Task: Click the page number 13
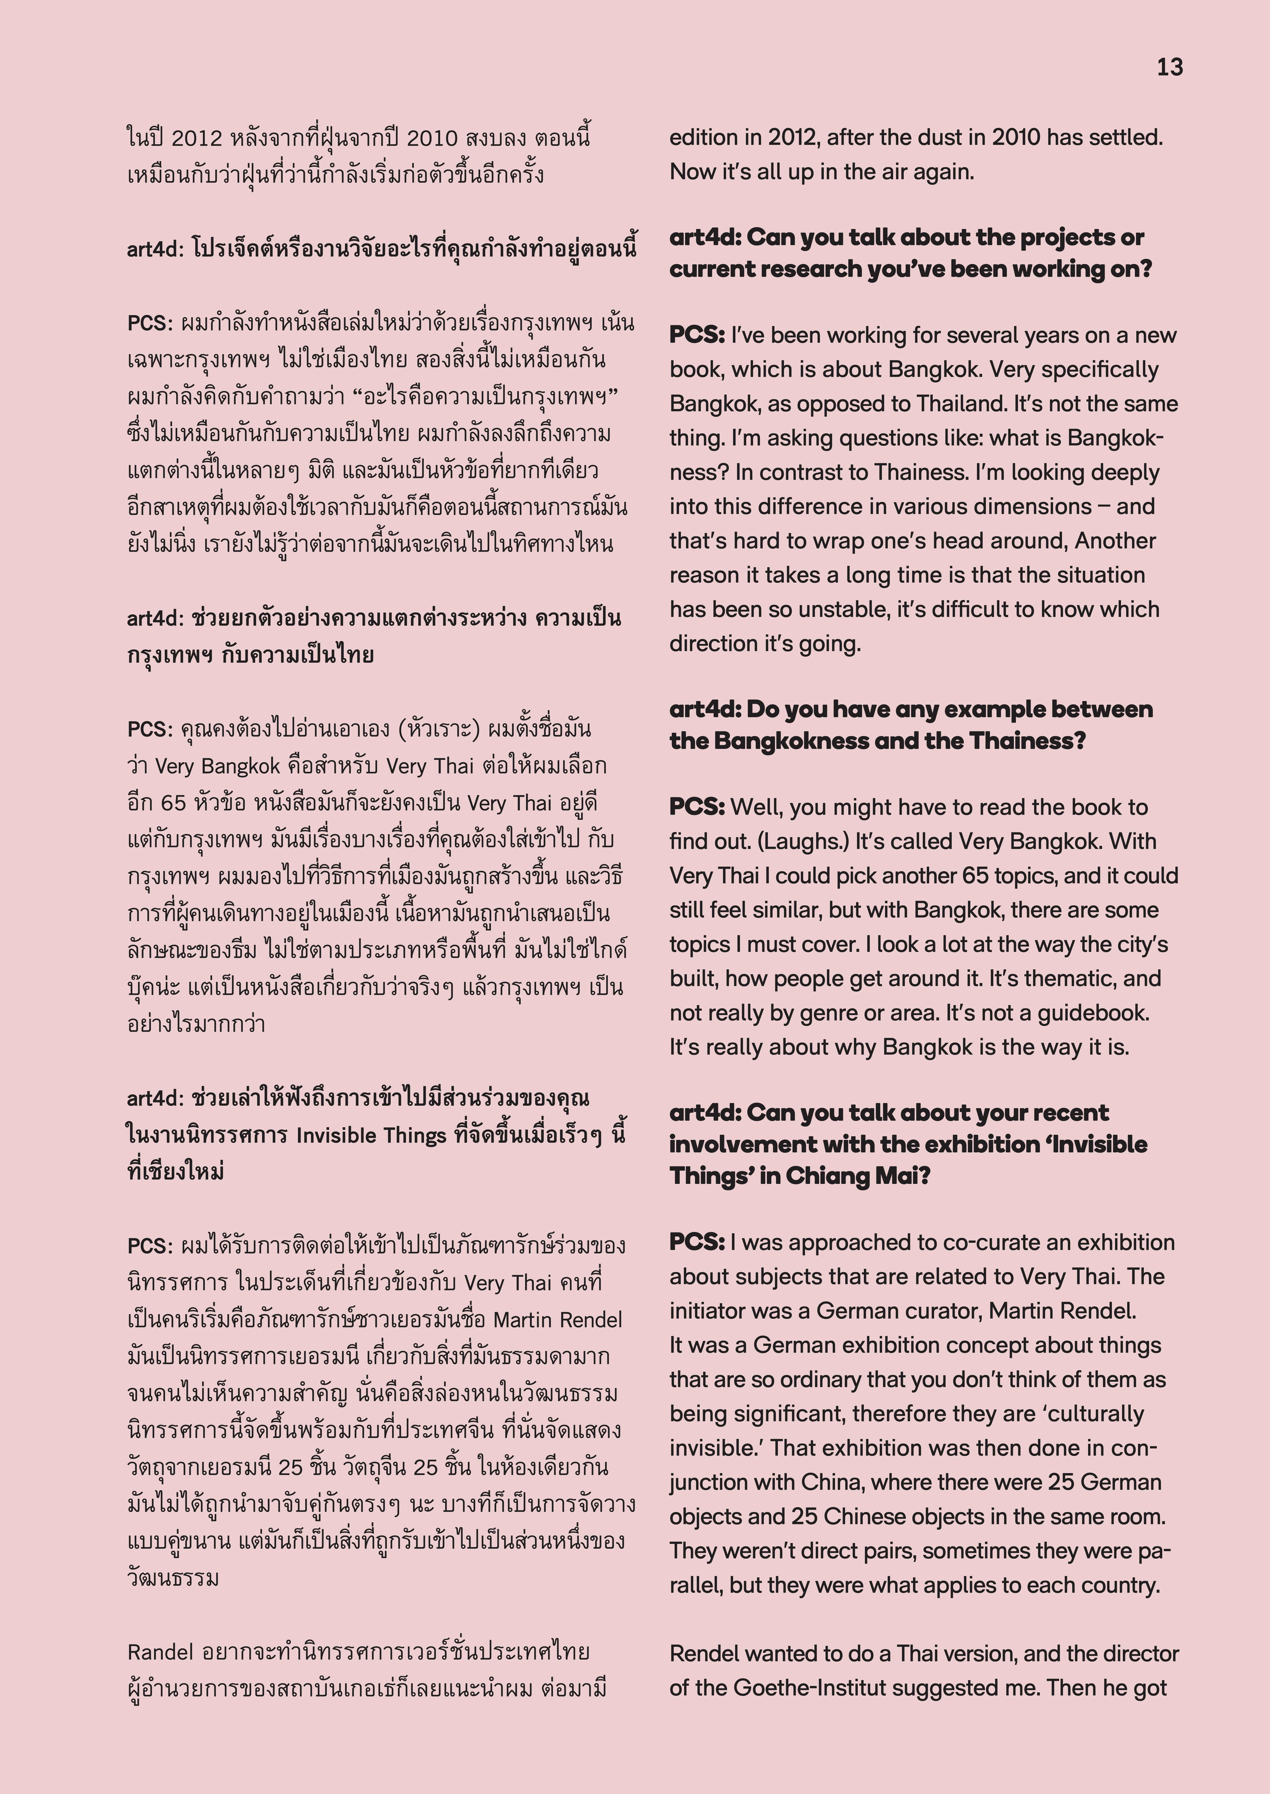coord(1170,68)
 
